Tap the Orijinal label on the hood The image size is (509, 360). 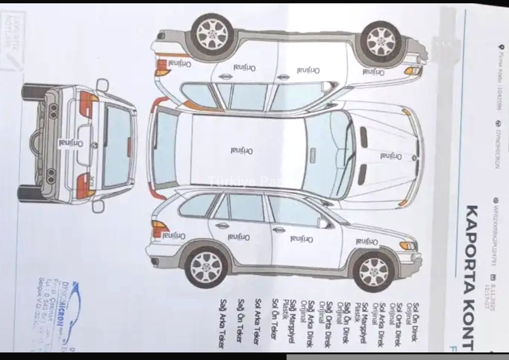click(x=391, y=156)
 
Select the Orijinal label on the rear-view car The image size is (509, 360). click(x=71, y=143)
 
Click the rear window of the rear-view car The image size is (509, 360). click(x=117, y=146)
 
